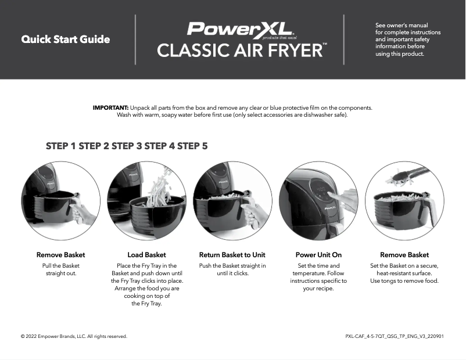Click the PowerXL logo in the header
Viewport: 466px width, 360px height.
point(239,29)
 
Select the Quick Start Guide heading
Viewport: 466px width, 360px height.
point(66,39)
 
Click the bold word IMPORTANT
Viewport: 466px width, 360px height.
point(110,108)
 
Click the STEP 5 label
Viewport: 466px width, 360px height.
point(192,146)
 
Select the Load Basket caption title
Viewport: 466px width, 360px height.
point(146,255)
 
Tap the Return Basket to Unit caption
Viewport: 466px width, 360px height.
point(232,255)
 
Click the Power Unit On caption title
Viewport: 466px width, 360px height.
point(318,255)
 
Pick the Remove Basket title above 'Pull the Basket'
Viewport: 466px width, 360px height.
point(61,255)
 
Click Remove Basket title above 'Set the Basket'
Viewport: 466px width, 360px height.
point(404,255)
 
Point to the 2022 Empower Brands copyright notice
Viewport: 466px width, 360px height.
point(74,336)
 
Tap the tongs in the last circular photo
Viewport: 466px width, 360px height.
point(410,174)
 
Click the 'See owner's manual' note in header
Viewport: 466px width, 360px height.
point(408,39)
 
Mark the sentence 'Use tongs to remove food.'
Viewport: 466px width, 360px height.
point(404,281)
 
